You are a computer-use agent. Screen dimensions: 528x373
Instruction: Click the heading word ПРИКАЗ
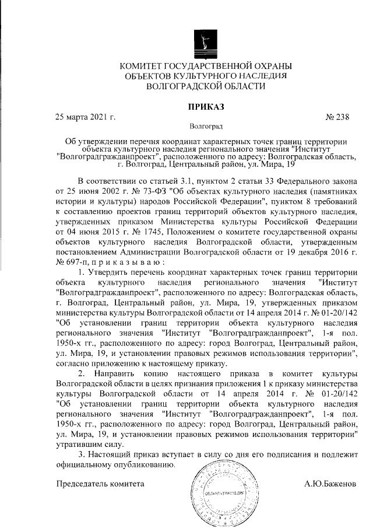(205, 106)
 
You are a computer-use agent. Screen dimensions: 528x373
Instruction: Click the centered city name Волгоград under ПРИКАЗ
(205, 126)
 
